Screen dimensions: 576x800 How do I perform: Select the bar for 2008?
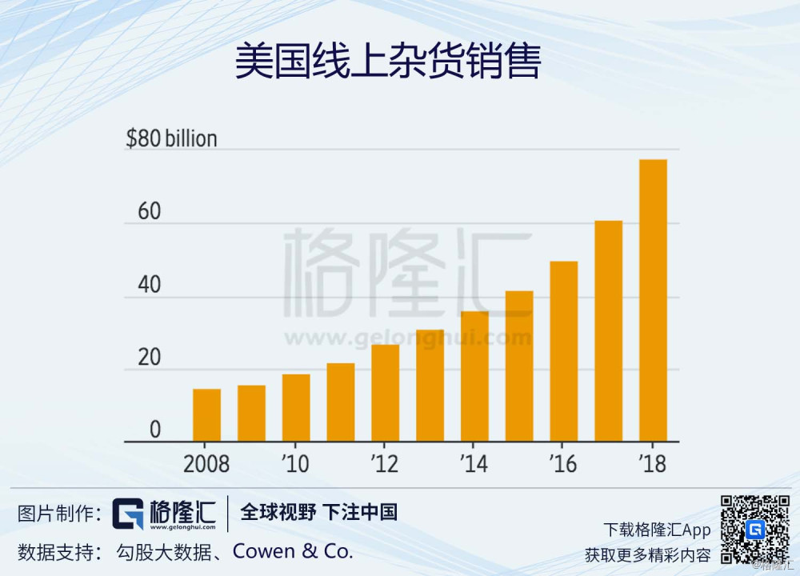tap(206, 415)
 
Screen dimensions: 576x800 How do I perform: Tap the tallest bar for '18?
tap(653, 300)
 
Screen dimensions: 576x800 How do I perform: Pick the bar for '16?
tap(563, 351)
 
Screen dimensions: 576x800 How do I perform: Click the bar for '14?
tap(474, 376)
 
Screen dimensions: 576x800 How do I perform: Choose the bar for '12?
tap(385, 393)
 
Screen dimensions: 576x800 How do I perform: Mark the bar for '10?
tap(296, 408)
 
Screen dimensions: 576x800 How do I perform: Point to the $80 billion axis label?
tap(171, 138)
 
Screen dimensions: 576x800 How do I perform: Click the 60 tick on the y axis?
tap(149, 212)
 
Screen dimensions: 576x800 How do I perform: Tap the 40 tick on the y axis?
tap(149, 286)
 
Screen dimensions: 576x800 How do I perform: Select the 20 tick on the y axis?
tap(149, 358)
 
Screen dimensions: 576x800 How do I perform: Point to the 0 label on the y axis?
tap(154, 430)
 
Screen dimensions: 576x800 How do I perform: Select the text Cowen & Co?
tap(303, 551)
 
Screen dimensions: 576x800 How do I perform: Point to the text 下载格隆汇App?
tap(657, 530)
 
